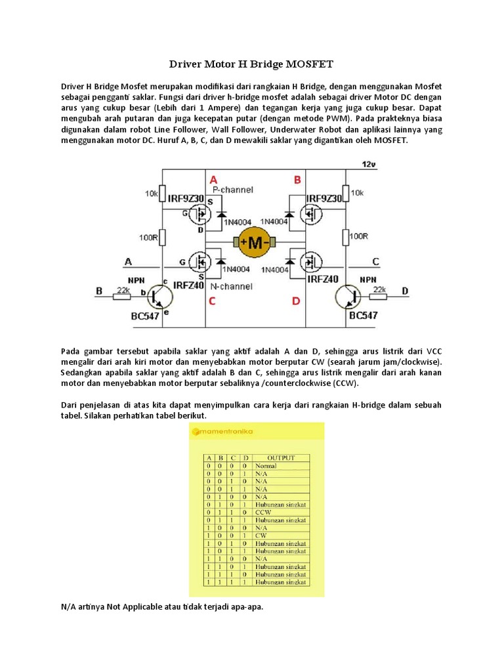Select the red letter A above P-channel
click(x=213, y=179)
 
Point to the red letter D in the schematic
click(x=296, y=301)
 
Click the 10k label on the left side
click(x=152, y=194)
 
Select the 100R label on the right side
click(x=358, y=236)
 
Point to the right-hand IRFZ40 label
click(x=322, y=279)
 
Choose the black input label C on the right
click(x=375, y=262)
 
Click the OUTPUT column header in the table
click(x=281, y=457)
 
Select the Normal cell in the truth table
click(x=266, y=466)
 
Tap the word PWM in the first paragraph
click(x=340, y=118)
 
